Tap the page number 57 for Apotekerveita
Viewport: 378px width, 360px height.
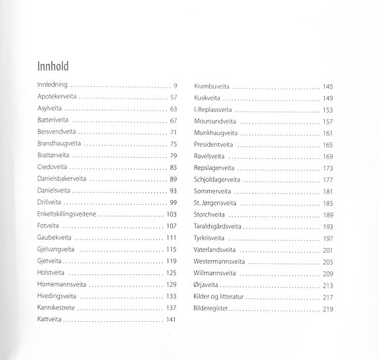[174, 97]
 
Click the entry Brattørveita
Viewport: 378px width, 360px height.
[50, 155]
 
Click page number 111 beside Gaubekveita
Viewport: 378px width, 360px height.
[172, 238]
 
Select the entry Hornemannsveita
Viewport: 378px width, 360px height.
[60, 284]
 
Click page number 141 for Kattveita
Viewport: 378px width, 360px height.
[172, 319]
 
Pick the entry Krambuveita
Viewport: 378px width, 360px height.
[211, 86]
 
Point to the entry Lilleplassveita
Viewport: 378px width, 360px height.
[213, 109]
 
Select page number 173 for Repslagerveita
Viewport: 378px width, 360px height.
[329, 168]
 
